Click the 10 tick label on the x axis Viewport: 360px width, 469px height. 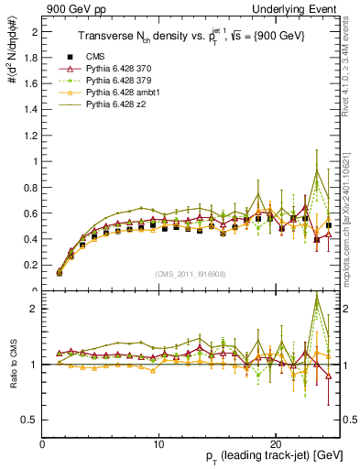click(x=159, y=443)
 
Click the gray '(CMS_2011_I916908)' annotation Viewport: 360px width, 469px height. click(x=192, y=274)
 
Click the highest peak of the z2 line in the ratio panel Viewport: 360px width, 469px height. click(x=317, y=296)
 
